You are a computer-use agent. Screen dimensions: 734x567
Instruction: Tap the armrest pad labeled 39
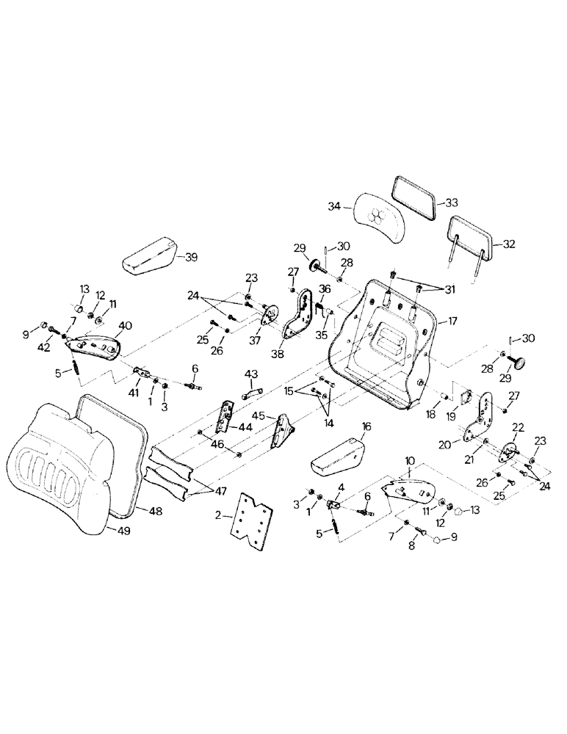tap(149, 254)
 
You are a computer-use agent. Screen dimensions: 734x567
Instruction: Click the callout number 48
tap(155, 509)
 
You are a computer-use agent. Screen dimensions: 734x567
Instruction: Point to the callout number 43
tap(252, 374)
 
